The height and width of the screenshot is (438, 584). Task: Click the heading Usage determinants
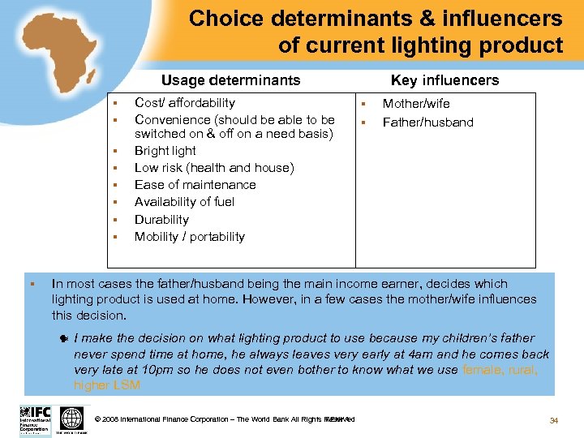230,79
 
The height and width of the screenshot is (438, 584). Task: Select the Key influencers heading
444,79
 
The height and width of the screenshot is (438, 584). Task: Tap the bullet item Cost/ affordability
184,103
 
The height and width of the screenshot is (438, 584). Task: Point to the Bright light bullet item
165,151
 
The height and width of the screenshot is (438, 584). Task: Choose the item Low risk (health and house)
214,168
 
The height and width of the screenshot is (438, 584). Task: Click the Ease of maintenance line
195,185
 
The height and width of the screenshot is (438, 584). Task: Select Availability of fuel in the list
184,202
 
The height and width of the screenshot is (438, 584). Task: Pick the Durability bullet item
161,220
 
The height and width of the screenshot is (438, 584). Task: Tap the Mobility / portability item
189,237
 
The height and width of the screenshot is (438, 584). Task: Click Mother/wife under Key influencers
415,104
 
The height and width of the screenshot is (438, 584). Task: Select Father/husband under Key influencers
427,122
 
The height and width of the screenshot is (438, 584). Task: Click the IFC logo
35,419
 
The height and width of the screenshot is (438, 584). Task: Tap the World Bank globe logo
72,419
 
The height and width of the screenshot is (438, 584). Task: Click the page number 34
554,419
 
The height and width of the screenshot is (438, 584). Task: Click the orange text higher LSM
106,385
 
